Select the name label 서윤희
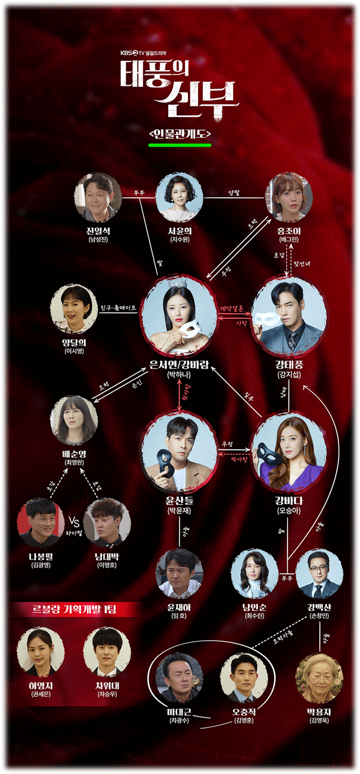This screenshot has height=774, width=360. [179, 231]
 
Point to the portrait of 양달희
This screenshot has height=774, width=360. [74, 307]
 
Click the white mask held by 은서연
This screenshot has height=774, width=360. [189, 331]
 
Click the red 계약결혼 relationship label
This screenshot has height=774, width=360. [234, 308]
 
